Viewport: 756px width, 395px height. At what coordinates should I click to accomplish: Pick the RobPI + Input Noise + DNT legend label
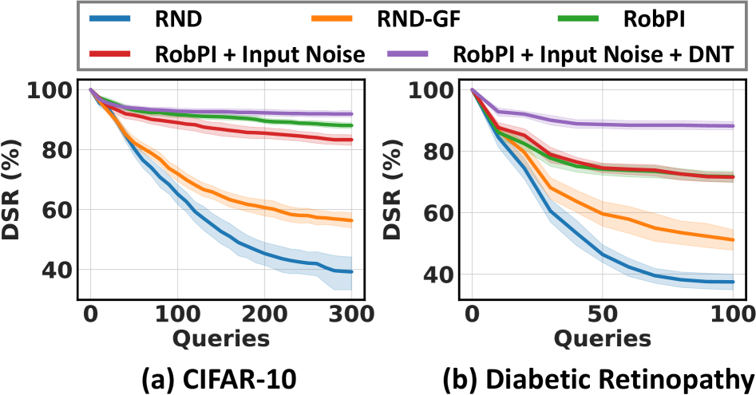[592, 55]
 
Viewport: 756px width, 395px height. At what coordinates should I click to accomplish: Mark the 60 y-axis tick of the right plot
[438, 213]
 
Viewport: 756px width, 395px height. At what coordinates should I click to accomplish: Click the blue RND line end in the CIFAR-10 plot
[351, 271]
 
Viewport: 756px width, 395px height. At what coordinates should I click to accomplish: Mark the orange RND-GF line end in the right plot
[732, 239]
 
